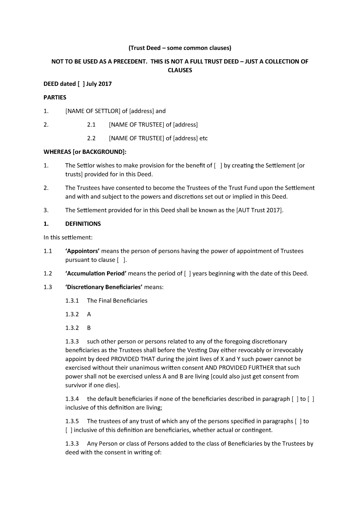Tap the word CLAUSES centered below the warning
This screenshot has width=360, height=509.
[x=180, y=70]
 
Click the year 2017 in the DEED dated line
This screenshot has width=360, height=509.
[x=105, y=84]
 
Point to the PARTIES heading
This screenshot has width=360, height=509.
[x=55, y=97]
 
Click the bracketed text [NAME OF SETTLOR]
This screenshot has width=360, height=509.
[x=93, y=111]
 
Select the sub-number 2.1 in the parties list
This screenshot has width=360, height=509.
[x=91, y=125]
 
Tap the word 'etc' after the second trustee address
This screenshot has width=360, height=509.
[x=204, y=138]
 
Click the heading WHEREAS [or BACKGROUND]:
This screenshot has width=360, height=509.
[x=85, y=152]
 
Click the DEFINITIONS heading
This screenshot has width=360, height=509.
[x=83, y=224]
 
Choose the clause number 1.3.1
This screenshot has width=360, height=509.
[x=72, y=301]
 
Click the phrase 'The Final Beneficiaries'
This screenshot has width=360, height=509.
[x=117, y=301]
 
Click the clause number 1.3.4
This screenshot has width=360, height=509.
[x=72, y=399]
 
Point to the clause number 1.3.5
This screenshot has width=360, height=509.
[x=72, y=421]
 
